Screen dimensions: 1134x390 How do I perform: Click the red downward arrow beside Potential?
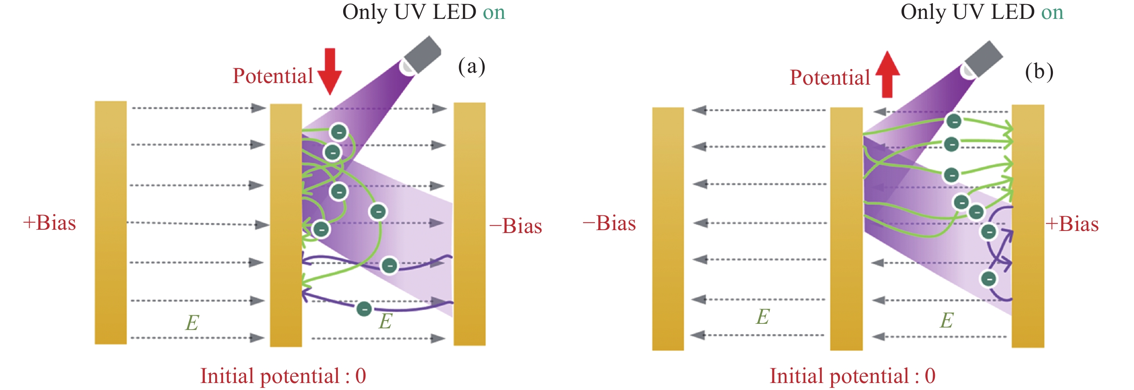(329, 71)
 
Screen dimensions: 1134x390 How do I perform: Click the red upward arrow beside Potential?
(887, 74)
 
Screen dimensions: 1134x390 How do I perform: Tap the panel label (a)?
(472, 67)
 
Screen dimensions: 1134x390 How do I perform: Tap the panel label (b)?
(1039, 72)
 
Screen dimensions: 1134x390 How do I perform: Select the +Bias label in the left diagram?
(49, 223)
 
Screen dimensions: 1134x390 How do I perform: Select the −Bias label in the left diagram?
(516, 226)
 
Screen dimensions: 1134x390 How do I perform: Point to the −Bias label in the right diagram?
(609, 224)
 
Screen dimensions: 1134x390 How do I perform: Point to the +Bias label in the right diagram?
(1072, 224)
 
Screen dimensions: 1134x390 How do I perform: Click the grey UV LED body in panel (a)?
(422, 55)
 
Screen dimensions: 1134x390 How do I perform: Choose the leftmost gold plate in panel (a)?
(111, 222)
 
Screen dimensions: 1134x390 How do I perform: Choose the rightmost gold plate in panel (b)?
(1027, 226)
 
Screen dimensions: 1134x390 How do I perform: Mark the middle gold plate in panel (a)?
(286, 225)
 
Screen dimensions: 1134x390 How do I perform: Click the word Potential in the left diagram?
(272, 76)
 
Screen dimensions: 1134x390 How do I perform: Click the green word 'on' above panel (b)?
(1052, 12)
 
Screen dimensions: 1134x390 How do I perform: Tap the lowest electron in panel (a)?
(364, 309)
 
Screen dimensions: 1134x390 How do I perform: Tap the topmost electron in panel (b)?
(953, 120)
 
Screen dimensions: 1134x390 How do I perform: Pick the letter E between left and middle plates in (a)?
(192, 323)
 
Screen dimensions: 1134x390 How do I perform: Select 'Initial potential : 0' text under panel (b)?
(852, 376)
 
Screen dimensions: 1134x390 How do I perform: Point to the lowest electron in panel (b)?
(989, 278)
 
